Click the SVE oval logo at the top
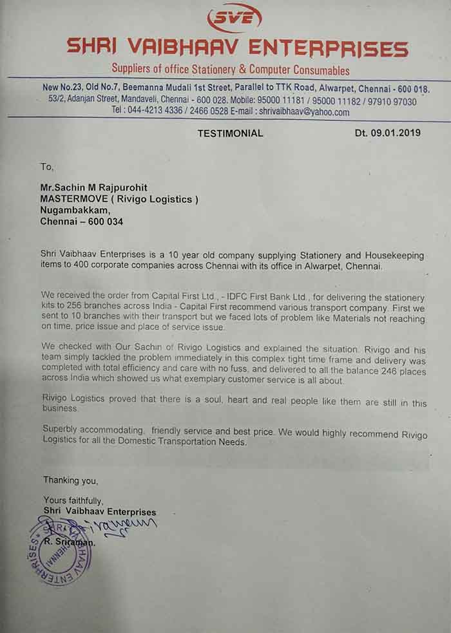[234, 17]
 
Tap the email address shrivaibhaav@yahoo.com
[304, 111]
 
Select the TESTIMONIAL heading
[230, 133]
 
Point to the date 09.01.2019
[396, 133]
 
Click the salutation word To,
[46, 166]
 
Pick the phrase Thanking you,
[71, 480]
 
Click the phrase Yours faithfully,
[73, 500]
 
